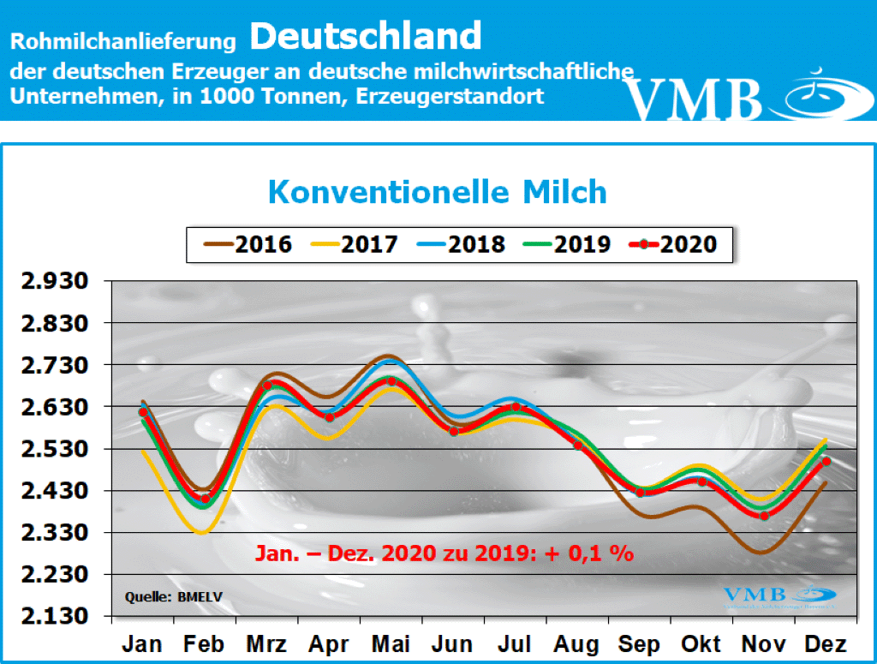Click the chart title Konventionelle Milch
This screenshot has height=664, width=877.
pos(438,191)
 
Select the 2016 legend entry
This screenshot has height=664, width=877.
pos(248,244)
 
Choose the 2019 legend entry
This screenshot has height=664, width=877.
pos(567,244)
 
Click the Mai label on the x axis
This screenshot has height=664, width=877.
pos(391,644)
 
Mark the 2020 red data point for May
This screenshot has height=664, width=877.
pos(391,381)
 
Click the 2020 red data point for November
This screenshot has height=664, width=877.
pos(764,515)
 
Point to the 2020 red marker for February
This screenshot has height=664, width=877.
pos(205,499)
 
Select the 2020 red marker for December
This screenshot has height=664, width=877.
pos(826,462)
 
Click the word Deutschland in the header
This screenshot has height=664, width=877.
pos(366,36)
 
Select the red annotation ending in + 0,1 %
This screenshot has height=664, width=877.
pos(444,553)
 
